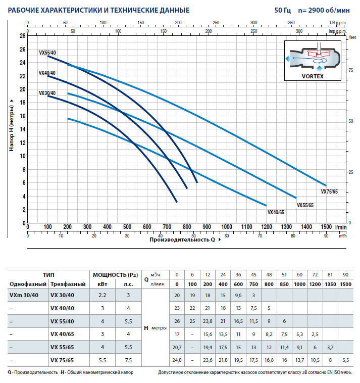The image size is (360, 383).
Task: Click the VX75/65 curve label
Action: tap(329, 192)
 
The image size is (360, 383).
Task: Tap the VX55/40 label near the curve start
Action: tap(47, 53)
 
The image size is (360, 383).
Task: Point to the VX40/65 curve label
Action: tap(276, 212)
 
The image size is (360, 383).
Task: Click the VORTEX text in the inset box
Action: tap(313, 77)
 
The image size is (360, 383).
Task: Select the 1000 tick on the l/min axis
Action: tap(227, 227)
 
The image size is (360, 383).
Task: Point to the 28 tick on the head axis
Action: tap(22, 36)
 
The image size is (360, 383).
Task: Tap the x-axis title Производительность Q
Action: tap(182, 239)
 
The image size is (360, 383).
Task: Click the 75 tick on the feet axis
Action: tap(350, 70)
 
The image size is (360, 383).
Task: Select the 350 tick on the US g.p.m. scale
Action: tap(291, 23)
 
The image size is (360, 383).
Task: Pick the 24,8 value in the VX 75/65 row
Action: tap(177, 360)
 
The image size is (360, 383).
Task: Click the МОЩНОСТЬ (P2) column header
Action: tap(115, 275)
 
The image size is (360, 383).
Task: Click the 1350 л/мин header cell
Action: tap(330, 284)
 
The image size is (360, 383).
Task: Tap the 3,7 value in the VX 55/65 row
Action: tap(330, 347)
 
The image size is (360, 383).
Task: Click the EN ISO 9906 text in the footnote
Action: tap(338, 372)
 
